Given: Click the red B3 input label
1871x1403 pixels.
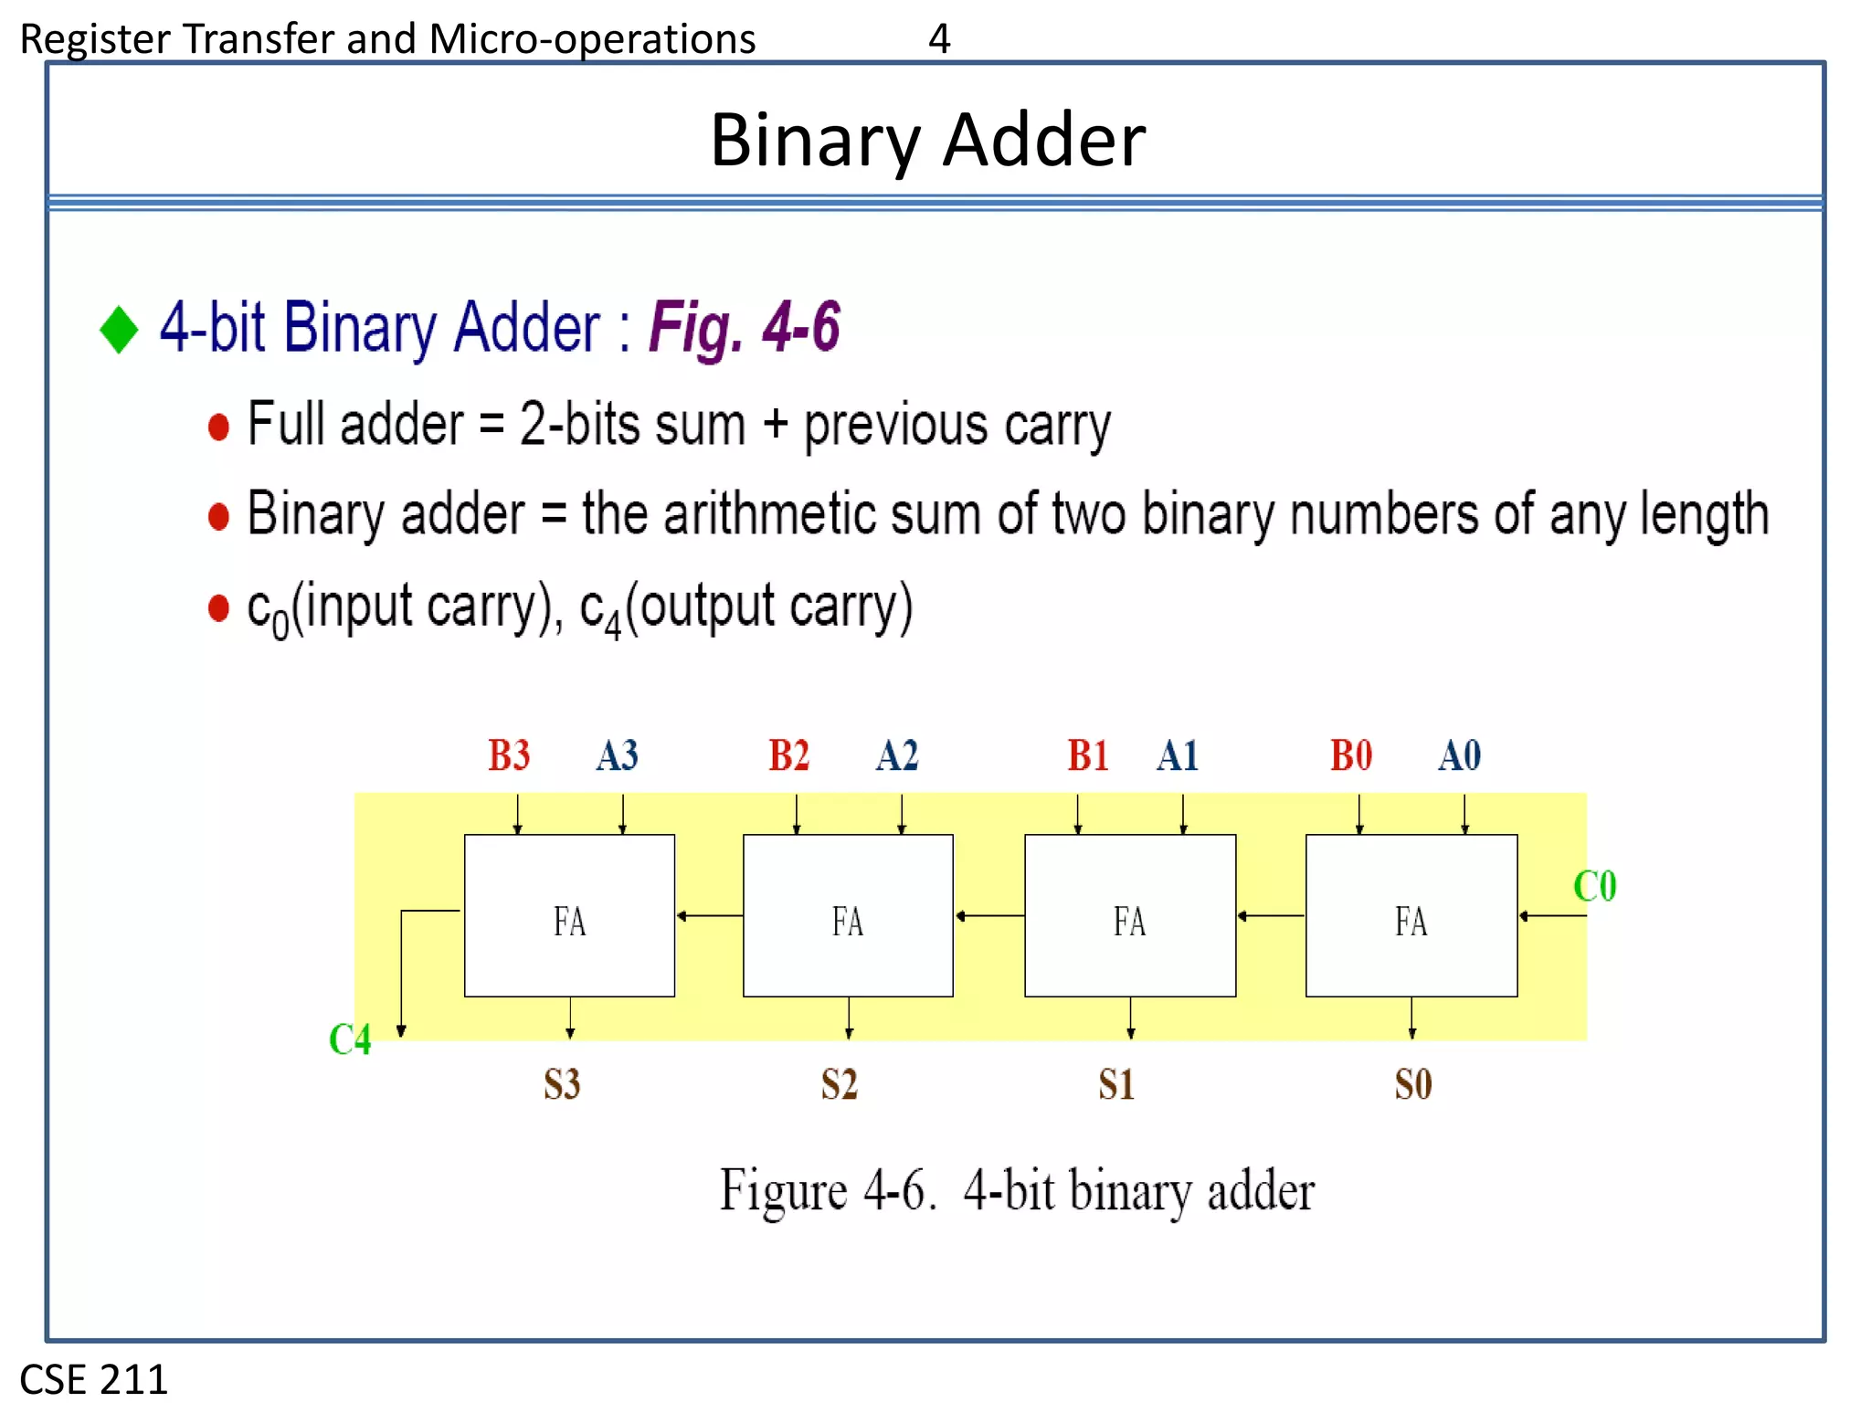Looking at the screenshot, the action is coord(509,755).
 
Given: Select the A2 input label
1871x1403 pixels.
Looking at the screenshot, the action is coord(896,755).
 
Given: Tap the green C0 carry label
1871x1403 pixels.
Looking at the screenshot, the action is coord(1594,886).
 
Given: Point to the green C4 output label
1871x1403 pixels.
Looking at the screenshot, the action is coord(350,1039).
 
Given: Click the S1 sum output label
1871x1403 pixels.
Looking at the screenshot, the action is coord(1116,1084).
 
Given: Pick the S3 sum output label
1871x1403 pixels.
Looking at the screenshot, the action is coord(562,1084).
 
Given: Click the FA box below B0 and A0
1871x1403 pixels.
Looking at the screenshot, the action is coord(1411,915).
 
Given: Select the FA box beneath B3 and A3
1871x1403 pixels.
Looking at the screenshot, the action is coord(569,915).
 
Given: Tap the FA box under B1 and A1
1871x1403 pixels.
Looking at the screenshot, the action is coord(1130,915).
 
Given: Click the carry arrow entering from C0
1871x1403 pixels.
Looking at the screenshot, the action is coord(1552,915).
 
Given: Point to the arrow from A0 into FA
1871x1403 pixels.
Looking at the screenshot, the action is coord(1464,814).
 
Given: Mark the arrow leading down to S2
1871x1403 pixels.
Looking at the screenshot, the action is coord(849,1018).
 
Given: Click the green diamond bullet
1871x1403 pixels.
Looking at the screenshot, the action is coord(119,329).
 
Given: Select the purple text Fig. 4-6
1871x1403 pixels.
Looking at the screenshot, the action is coord(744,327).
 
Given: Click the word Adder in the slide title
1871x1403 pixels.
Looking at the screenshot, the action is coord(1043,141).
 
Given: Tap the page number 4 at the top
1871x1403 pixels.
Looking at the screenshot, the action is coord(939,38).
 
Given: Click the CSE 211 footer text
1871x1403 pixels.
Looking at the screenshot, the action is coord(94,1378).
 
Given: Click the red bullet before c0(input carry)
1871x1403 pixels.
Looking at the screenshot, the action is coord(218,607).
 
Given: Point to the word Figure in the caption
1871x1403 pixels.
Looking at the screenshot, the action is coord(784,1190).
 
